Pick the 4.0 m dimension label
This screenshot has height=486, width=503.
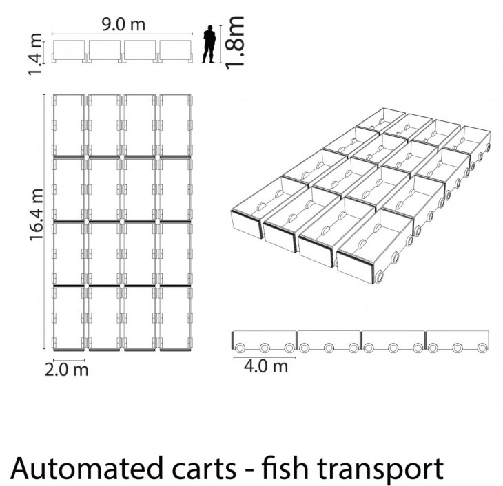[x=265, y=366]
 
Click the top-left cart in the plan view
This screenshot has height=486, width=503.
[x=68, y=125]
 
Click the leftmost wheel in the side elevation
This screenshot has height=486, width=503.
[x=239, y=348]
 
